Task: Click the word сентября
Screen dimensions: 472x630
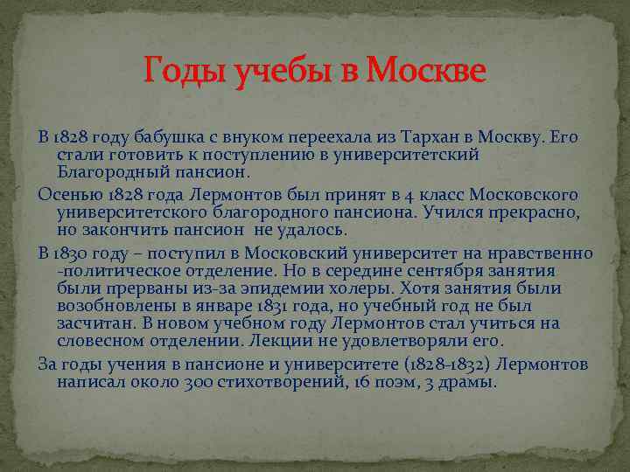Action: (481, 271)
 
